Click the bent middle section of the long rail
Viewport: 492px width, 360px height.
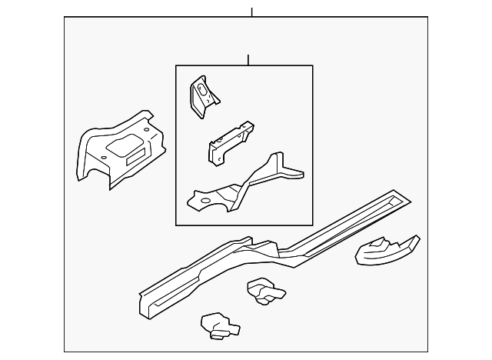[x=265, y=250]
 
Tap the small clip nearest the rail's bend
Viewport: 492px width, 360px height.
[x=264, y=291]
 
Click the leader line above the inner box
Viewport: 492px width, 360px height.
[x=249, y=59]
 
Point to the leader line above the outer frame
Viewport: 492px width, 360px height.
[x=251, y=12]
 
